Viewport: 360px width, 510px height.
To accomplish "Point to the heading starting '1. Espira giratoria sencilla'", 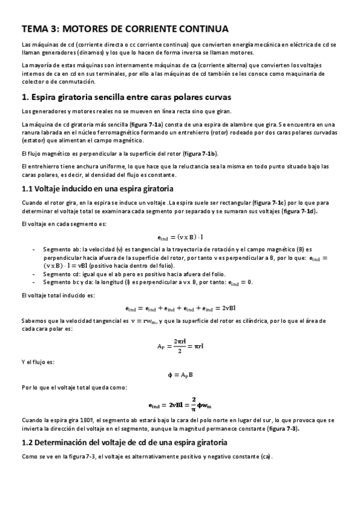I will [x=126, y=97].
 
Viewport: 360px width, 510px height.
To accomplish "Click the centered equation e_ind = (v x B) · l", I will [x=180, y=237].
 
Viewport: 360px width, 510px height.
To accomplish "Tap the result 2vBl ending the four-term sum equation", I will [x=228, y=308].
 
